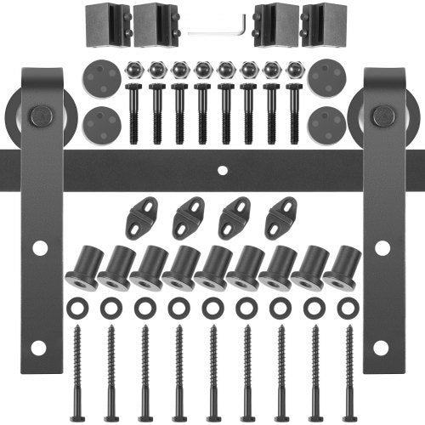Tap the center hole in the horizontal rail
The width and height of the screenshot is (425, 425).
point(222,169)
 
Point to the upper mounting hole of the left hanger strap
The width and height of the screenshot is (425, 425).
point(39,247)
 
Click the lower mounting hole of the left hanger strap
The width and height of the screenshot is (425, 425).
point(39,348)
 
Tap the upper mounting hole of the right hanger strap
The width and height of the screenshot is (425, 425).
point(382,247)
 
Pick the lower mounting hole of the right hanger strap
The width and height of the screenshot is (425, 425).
point(382,348)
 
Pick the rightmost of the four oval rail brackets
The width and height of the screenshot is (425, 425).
point(280,219)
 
